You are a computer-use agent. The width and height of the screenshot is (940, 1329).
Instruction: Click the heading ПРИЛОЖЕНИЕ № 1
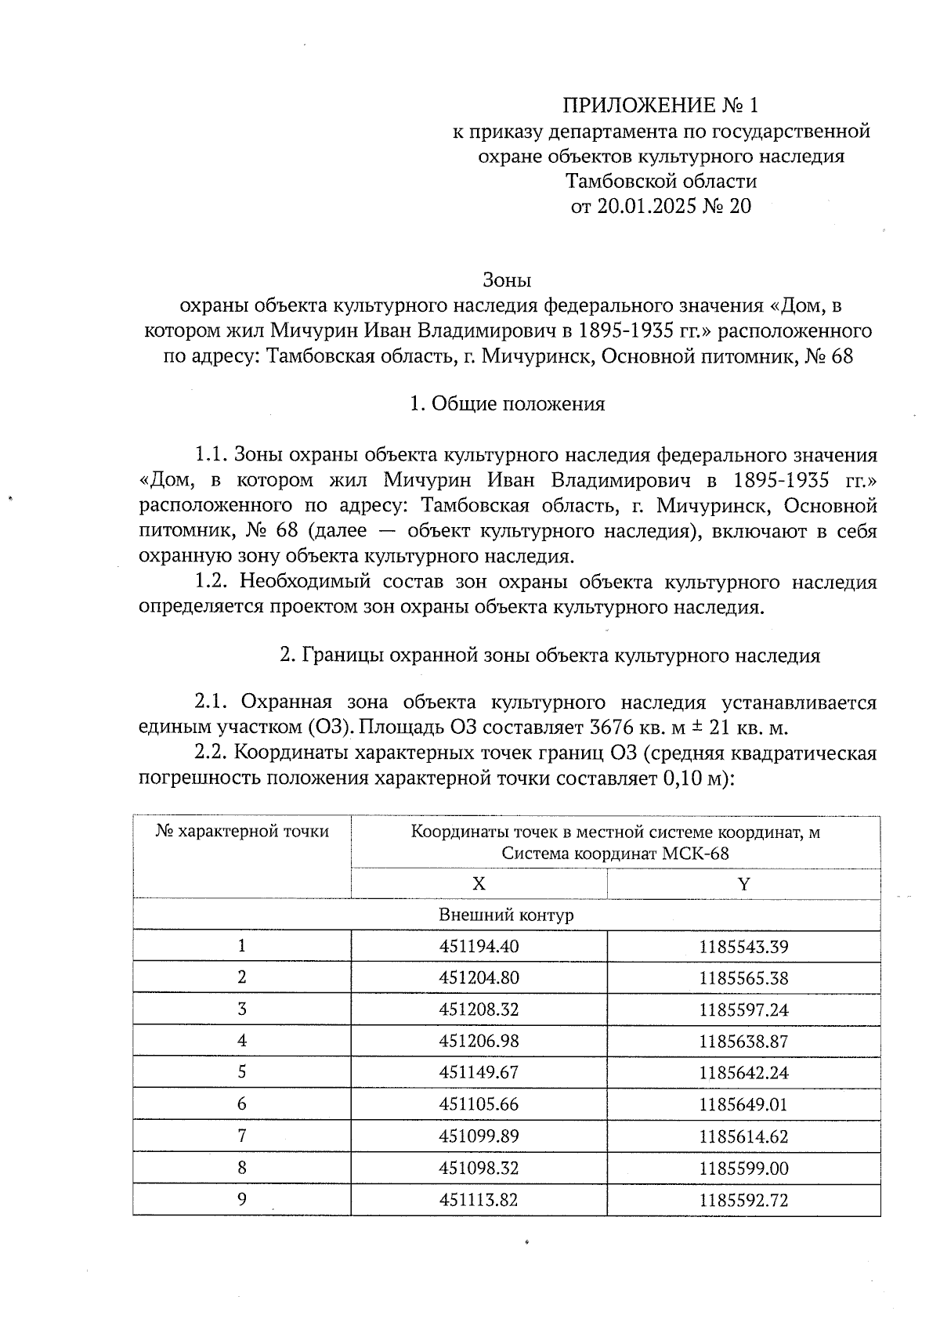click(661, 105)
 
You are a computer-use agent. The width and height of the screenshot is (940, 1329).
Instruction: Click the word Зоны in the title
click(507, 280)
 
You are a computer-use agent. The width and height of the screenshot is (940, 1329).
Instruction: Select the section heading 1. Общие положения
click(507, 404)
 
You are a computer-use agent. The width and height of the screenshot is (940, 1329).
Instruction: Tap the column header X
click(479, 884)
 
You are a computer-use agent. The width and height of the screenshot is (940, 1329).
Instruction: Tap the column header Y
click(743, 884)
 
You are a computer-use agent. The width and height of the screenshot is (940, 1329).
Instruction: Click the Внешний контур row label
click(506, 915)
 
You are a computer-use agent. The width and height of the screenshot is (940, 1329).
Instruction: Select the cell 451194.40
click(479, 946)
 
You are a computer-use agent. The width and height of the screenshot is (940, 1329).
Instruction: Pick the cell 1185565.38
click(743, 978)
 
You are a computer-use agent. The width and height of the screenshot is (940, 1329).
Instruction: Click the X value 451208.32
click(479, 1009)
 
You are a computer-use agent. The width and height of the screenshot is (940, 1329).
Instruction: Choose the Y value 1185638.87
click(743, 1042)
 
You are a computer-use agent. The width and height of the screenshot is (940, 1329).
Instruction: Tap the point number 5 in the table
click(242, 1072)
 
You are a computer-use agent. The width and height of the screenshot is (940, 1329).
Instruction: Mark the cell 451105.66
click(479, 1104)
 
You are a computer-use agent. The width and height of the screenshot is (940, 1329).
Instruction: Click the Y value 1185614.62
click(743, 1136)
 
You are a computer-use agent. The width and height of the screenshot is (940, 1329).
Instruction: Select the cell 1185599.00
click(743, 1168)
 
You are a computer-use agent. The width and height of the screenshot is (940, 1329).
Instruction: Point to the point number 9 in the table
click(242, 1200)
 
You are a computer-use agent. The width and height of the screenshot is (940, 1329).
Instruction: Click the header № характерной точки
click(242, 832)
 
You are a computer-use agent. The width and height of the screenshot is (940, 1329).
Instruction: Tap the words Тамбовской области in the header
click(661, 182)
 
